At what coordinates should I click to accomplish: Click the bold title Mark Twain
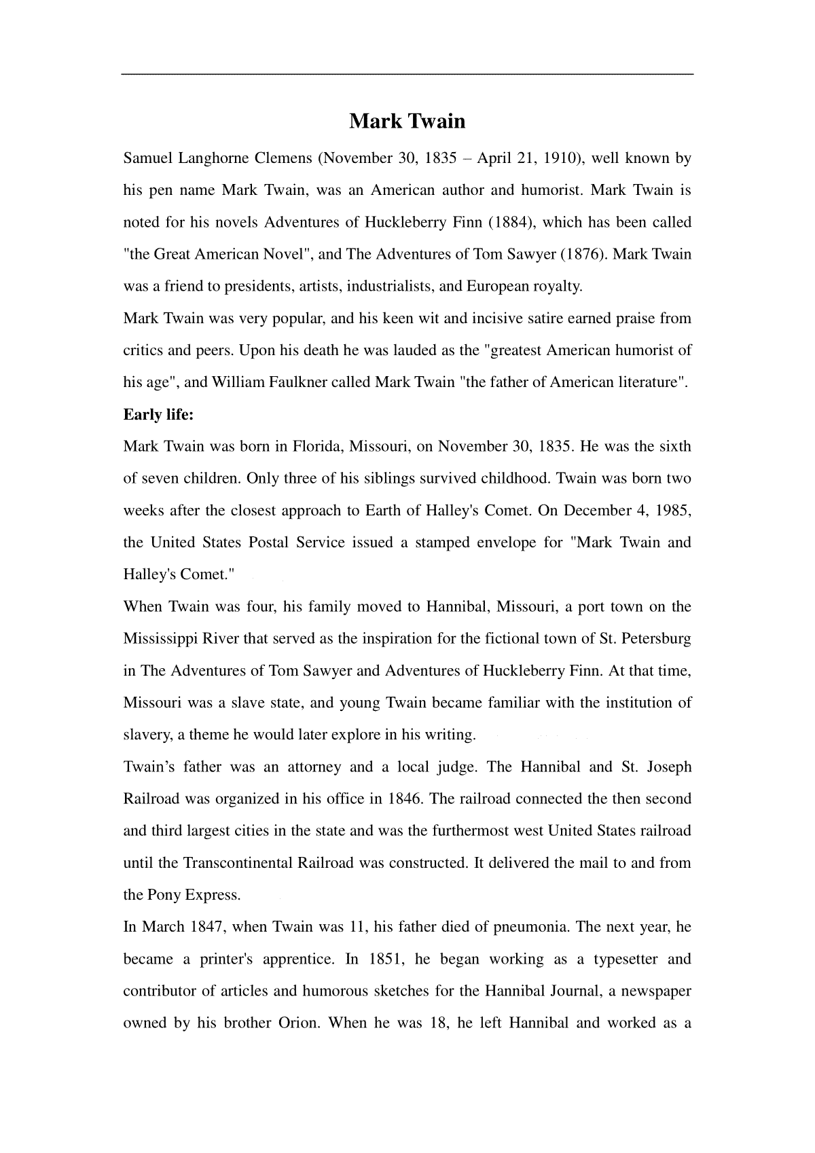[407, 122]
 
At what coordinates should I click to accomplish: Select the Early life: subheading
[158, 414]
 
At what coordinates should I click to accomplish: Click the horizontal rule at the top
[407, 74]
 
